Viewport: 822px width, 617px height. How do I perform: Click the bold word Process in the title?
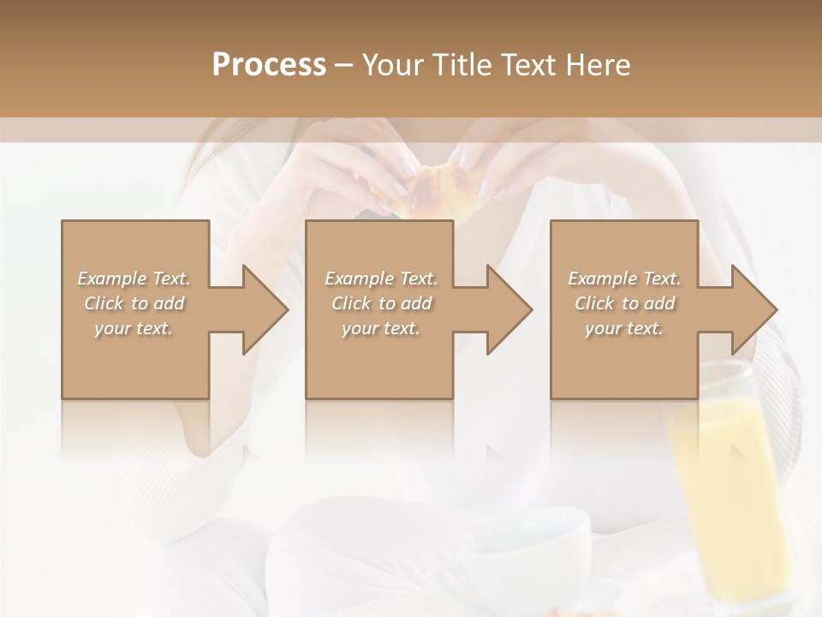click(x=269, y=65)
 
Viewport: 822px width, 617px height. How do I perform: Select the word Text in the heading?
click(x=527, y=65)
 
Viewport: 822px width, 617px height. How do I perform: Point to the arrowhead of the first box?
click(x=261, y=309)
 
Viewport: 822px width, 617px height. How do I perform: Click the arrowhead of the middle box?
click(x=505, y=309)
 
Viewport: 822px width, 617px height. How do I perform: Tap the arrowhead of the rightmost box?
click(x=750, y=309)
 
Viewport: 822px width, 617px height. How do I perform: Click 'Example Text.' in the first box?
click(x=134, y=279)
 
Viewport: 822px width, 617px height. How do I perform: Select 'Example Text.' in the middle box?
click(x=381, y=279)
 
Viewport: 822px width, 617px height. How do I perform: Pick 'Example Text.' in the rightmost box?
click(x=624, y=279)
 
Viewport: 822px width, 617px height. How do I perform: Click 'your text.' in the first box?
click(x=134, y=328)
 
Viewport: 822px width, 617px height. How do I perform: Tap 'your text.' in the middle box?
click(x=381, y=328)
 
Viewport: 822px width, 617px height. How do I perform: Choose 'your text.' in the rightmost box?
click(x=624, y=328)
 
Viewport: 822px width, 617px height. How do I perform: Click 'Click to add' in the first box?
click(x=134, y=303)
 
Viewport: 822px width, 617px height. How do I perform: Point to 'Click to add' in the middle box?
click(x=381, y=303)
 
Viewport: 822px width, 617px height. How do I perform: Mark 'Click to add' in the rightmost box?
click(x=624, y=303)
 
